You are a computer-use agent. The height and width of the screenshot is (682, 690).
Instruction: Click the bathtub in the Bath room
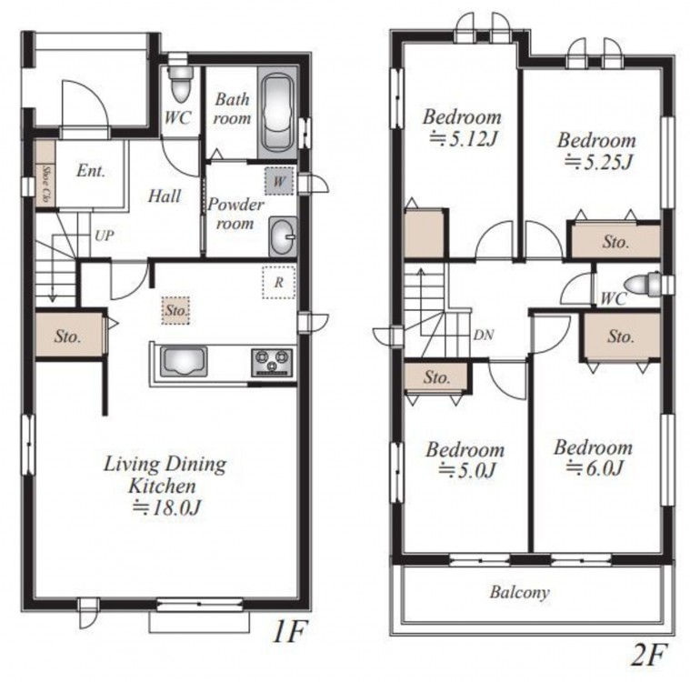[x=277, y=113]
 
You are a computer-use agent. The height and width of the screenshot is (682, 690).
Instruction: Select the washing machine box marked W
[x=279, y=181]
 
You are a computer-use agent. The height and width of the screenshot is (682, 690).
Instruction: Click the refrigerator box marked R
[x=278, y=282]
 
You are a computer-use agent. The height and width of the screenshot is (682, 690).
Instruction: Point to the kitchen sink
[x=184, y=362]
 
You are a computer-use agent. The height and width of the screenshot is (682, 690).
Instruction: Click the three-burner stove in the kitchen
[x=272, y=362]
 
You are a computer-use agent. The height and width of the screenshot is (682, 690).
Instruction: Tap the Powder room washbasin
[x=283, y=236]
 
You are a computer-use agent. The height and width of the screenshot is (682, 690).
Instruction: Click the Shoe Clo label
[x=45, y=184]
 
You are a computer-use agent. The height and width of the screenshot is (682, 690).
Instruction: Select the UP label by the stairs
[x=105, y=236]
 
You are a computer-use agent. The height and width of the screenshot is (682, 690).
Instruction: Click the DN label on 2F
[x=484, y=335]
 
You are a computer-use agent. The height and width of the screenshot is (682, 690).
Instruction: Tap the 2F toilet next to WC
[x=644, y=284]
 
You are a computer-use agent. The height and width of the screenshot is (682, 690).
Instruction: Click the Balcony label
[x=520, y=593]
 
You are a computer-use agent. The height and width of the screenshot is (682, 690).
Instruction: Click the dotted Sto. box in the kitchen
[x=175, y=310]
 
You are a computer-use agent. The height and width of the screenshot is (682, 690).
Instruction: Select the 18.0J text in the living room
[x=166, y=508]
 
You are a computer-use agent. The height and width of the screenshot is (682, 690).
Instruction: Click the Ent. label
[x=91, y=171]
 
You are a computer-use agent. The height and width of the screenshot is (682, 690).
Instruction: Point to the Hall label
[x=165, y=196]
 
